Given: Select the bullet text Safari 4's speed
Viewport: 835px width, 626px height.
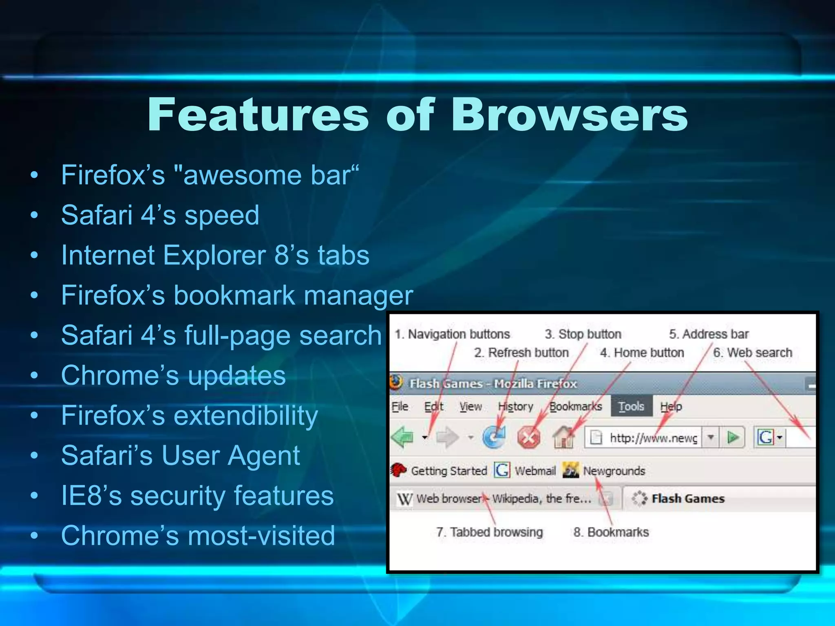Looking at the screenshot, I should pyautogui.click(x=160, y=215).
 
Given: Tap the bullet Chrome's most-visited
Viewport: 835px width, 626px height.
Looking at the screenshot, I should pyautogui.click(x=198, y=535).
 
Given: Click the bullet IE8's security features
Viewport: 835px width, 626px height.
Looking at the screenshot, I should pyautogui.click(x=197, y=496).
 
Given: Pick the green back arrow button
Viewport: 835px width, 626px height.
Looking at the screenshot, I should pyautogui.click(x=403, y=438).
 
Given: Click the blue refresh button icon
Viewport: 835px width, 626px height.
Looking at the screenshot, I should pyautogui.click(x=494, y=438).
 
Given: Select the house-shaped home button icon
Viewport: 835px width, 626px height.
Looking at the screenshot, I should pyautogui.click(x=563, y=437).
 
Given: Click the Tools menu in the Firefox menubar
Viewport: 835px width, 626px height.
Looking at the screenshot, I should pyautogui.click(x=631, y=406).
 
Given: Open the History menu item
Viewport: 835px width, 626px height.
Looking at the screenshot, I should pyautogui.click(x=515, y=406).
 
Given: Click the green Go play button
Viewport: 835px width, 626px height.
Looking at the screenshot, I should pyautogui.click(x=733, y=438).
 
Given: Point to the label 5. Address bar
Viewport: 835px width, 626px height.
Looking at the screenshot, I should pyautogui.click(x=709, y=334).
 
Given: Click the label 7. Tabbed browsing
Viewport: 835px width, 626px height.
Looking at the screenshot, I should pyautogui.click(x=489, y=532).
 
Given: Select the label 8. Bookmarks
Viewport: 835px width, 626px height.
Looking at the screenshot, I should pyautogui.click(x=611, y=532).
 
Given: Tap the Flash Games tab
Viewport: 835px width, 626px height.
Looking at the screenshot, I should pyautogui.click(x=687, y=498).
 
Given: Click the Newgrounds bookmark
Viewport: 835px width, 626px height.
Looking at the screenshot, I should pyautogui.click(x=614, y=471).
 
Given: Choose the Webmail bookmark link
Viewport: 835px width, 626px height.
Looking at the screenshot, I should pyautogui.click(x=535, y=471).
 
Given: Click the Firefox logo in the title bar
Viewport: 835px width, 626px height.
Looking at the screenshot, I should pyautogui.click(x=396, y=383).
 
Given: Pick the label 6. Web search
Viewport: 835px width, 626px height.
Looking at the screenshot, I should pyautogui.click(x=752, y=353).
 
